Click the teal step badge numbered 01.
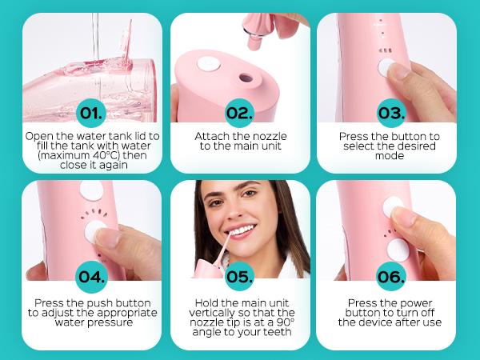[x=93, y=111]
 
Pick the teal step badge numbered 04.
[x=93, y=277]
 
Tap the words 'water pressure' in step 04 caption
[x=93, y=323]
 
